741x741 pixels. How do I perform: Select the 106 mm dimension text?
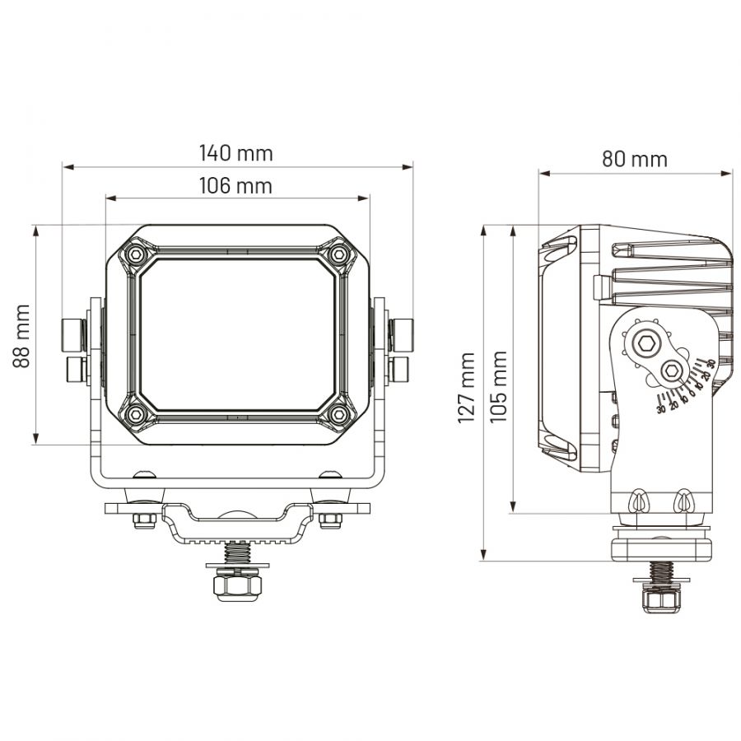pos(235,186)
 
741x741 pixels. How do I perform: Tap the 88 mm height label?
pos(21,336)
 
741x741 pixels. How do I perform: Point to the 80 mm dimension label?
pos(635,159)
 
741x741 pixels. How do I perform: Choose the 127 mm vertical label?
pos(466,388)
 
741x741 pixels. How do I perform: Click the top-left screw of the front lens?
pos(136,254)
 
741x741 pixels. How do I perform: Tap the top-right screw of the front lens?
pos(338,254)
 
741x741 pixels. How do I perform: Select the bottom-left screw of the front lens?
pos(136,414)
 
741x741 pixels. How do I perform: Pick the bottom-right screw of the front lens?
pos(338,414)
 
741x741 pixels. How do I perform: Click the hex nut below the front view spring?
pos(237,586)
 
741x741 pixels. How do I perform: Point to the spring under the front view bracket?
pos(237,552)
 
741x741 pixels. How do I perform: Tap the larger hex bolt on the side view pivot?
pos(645,343)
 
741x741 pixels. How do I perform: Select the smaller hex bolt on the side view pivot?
pos(669,371)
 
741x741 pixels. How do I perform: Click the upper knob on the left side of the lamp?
pos(73,335)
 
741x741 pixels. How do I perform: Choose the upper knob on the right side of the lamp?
pos(401,335)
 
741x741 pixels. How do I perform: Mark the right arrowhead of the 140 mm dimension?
pos(407,167)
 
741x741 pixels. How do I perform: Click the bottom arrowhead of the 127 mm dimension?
pos(483,555)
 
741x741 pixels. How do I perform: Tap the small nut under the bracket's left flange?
pos(144,521)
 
